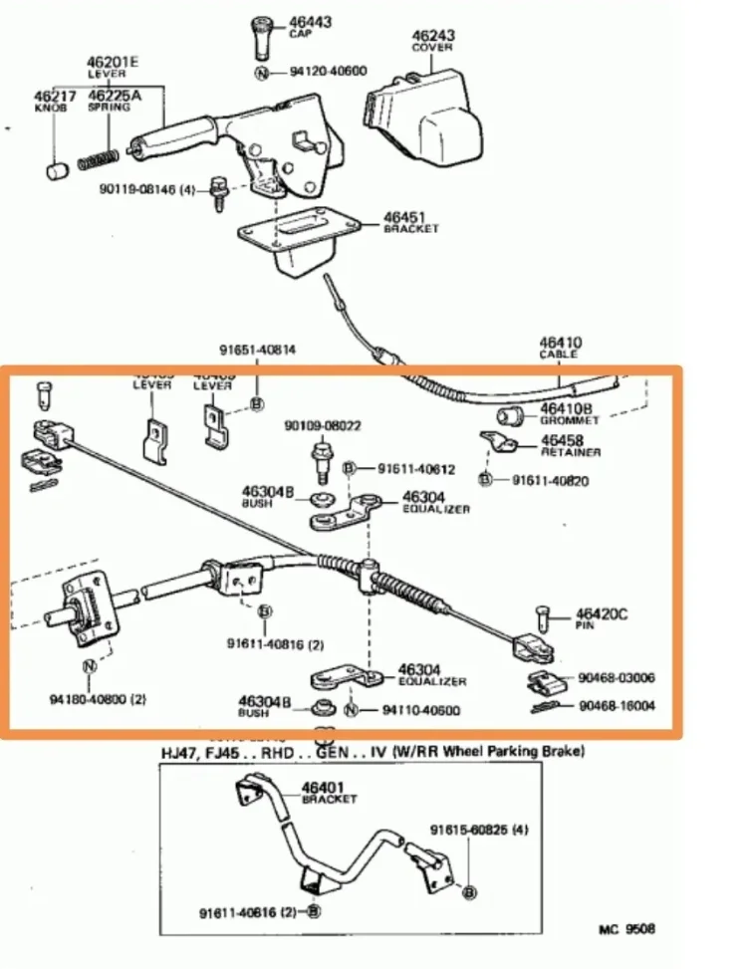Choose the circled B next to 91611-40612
pyautogui.click(x=350, y=468)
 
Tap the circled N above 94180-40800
pyautogui.click(x=89, y=665)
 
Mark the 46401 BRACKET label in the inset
pyautogui.click(x=330, y=792)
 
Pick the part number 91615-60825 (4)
pyautogui.click(x=478, y=829)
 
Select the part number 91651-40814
pyautogui.click(x=258, y=351)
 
